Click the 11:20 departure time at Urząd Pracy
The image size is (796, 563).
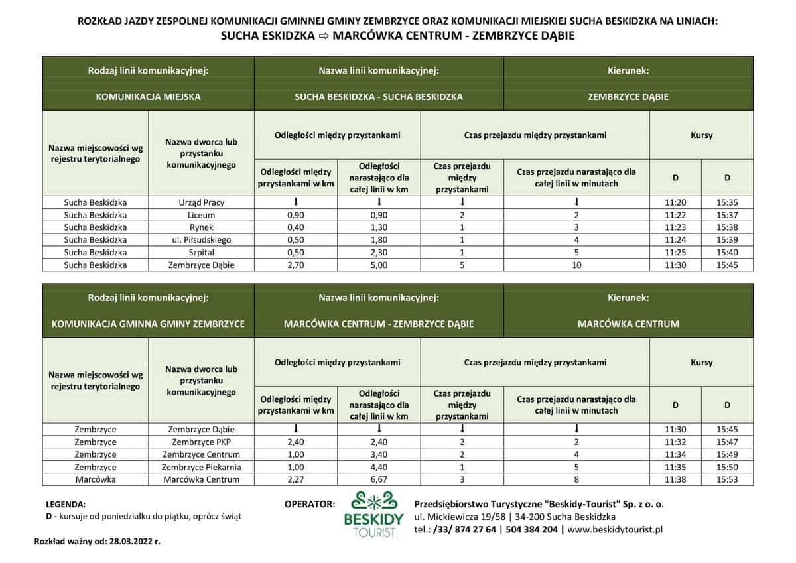(675, 202)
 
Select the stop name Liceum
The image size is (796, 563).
(202, 215)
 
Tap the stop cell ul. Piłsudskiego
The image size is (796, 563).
(202, 239)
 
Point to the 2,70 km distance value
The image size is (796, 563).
(296, 265)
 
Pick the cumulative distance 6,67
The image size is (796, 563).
(379, 479)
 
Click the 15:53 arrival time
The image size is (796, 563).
(727, 479)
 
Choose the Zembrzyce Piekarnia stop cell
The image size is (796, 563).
(202, 467)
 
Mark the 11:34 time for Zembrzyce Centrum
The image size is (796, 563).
(675, 454)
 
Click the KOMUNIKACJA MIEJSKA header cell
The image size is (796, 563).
(149, 97)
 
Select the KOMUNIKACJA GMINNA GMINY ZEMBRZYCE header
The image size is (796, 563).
(149, 324)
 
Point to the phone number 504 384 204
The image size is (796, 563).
(530, 529)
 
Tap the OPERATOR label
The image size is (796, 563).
(309, 504)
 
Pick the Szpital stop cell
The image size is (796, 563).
(202, 252)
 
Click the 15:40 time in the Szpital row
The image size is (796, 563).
(727, 252)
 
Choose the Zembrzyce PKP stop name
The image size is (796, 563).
(202, 442)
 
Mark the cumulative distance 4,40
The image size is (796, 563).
(379, 467)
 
